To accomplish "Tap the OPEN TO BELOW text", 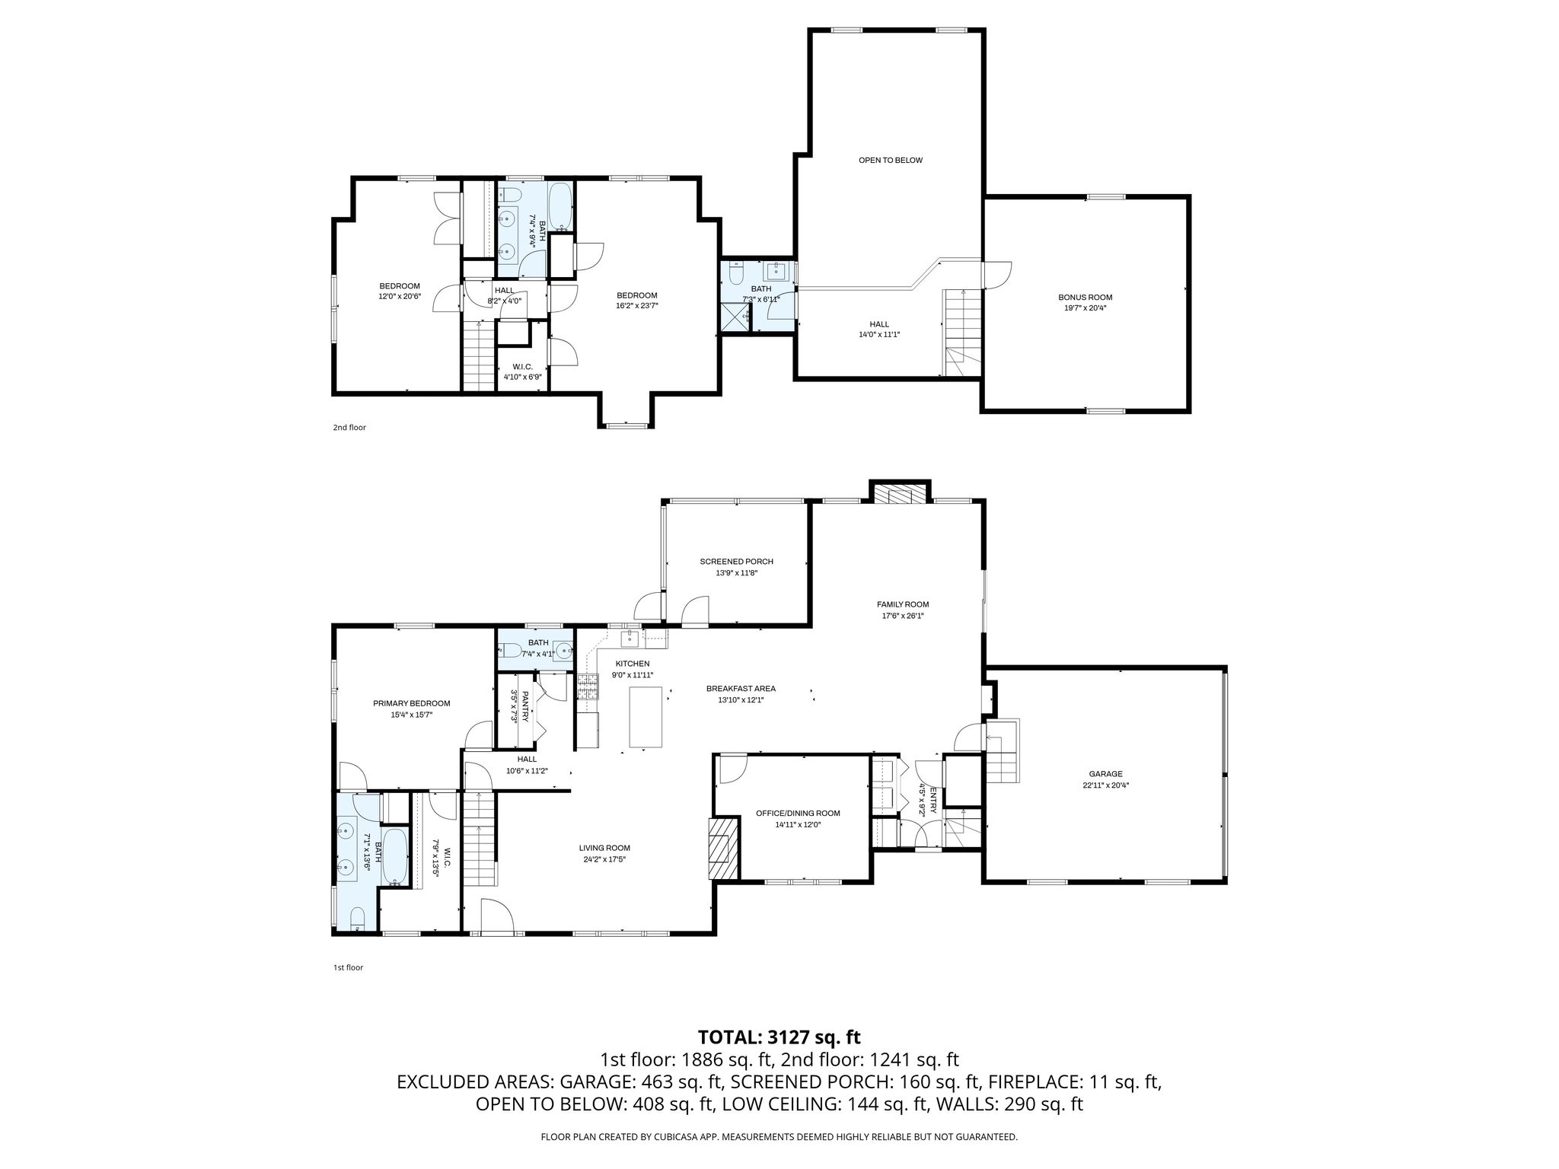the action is [891, 161].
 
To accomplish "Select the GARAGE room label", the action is [1105, 774].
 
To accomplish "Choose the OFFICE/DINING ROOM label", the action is [798, 814].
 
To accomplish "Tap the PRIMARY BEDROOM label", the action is [411, 703].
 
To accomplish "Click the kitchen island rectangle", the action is [646, 718].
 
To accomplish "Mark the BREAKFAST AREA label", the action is [741, 689].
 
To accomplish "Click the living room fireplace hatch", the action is [724, 849].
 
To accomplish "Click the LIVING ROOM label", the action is [604, 848].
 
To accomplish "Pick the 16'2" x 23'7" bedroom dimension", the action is [636, 306].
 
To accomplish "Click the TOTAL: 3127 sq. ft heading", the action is [779, 1037].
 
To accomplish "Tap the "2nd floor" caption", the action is [349, 428].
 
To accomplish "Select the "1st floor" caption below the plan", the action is [348, 968].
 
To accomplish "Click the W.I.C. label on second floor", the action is [522, 366].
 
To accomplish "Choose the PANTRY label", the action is [525, 706].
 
